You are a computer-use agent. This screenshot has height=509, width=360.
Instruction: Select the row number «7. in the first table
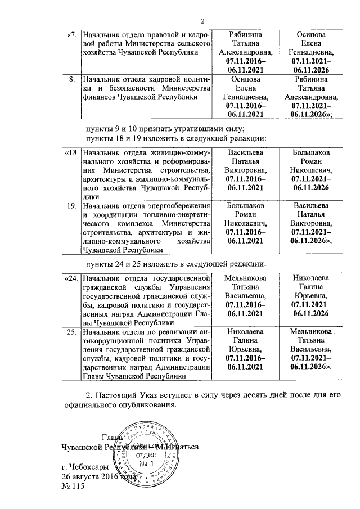71,35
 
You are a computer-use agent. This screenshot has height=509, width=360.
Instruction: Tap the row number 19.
71,206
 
